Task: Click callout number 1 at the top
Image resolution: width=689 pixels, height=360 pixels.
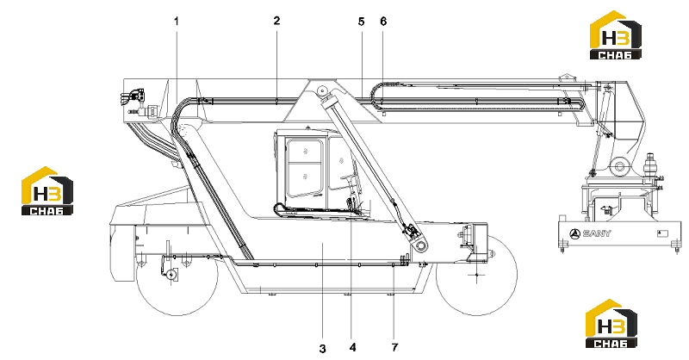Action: tap(177, 21)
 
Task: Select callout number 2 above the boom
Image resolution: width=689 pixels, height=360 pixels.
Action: tap(276, 20)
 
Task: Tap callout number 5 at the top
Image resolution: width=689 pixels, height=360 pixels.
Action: tap(361, 21)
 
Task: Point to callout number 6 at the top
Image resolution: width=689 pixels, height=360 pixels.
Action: tap(383, 21)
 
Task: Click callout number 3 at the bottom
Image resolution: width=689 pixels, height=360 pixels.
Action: tap(322, 349)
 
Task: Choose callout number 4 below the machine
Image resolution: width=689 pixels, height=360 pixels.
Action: tap(352, 347)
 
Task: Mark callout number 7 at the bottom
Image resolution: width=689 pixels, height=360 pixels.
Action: tap(394, 347)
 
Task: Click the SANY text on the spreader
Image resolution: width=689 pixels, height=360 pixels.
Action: tap(596, 233)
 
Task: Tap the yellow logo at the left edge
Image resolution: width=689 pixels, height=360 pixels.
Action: tap(47, 191)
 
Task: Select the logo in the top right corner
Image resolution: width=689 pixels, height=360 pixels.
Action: tap(615, 34)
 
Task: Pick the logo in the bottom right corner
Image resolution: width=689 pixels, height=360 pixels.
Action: tap(611, 323)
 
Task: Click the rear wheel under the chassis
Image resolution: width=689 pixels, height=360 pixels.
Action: tap(177, 275)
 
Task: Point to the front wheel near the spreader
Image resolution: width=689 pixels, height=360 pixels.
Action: tap(477, 275)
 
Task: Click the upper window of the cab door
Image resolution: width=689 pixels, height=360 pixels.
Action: tap(304, 150)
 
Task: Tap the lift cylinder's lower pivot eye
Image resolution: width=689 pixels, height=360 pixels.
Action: tap(421, 245)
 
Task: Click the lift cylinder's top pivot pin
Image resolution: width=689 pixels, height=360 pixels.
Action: tap(323, 91)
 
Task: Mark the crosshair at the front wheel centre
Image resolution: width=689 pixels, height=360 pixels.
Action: tap(477, 275)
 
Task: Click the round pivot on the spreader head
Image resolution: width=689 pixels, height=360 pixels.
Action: tap(619, 166)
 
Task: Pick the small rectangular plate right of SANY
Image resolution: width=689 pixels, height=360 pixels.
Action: tap(662, 233)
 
